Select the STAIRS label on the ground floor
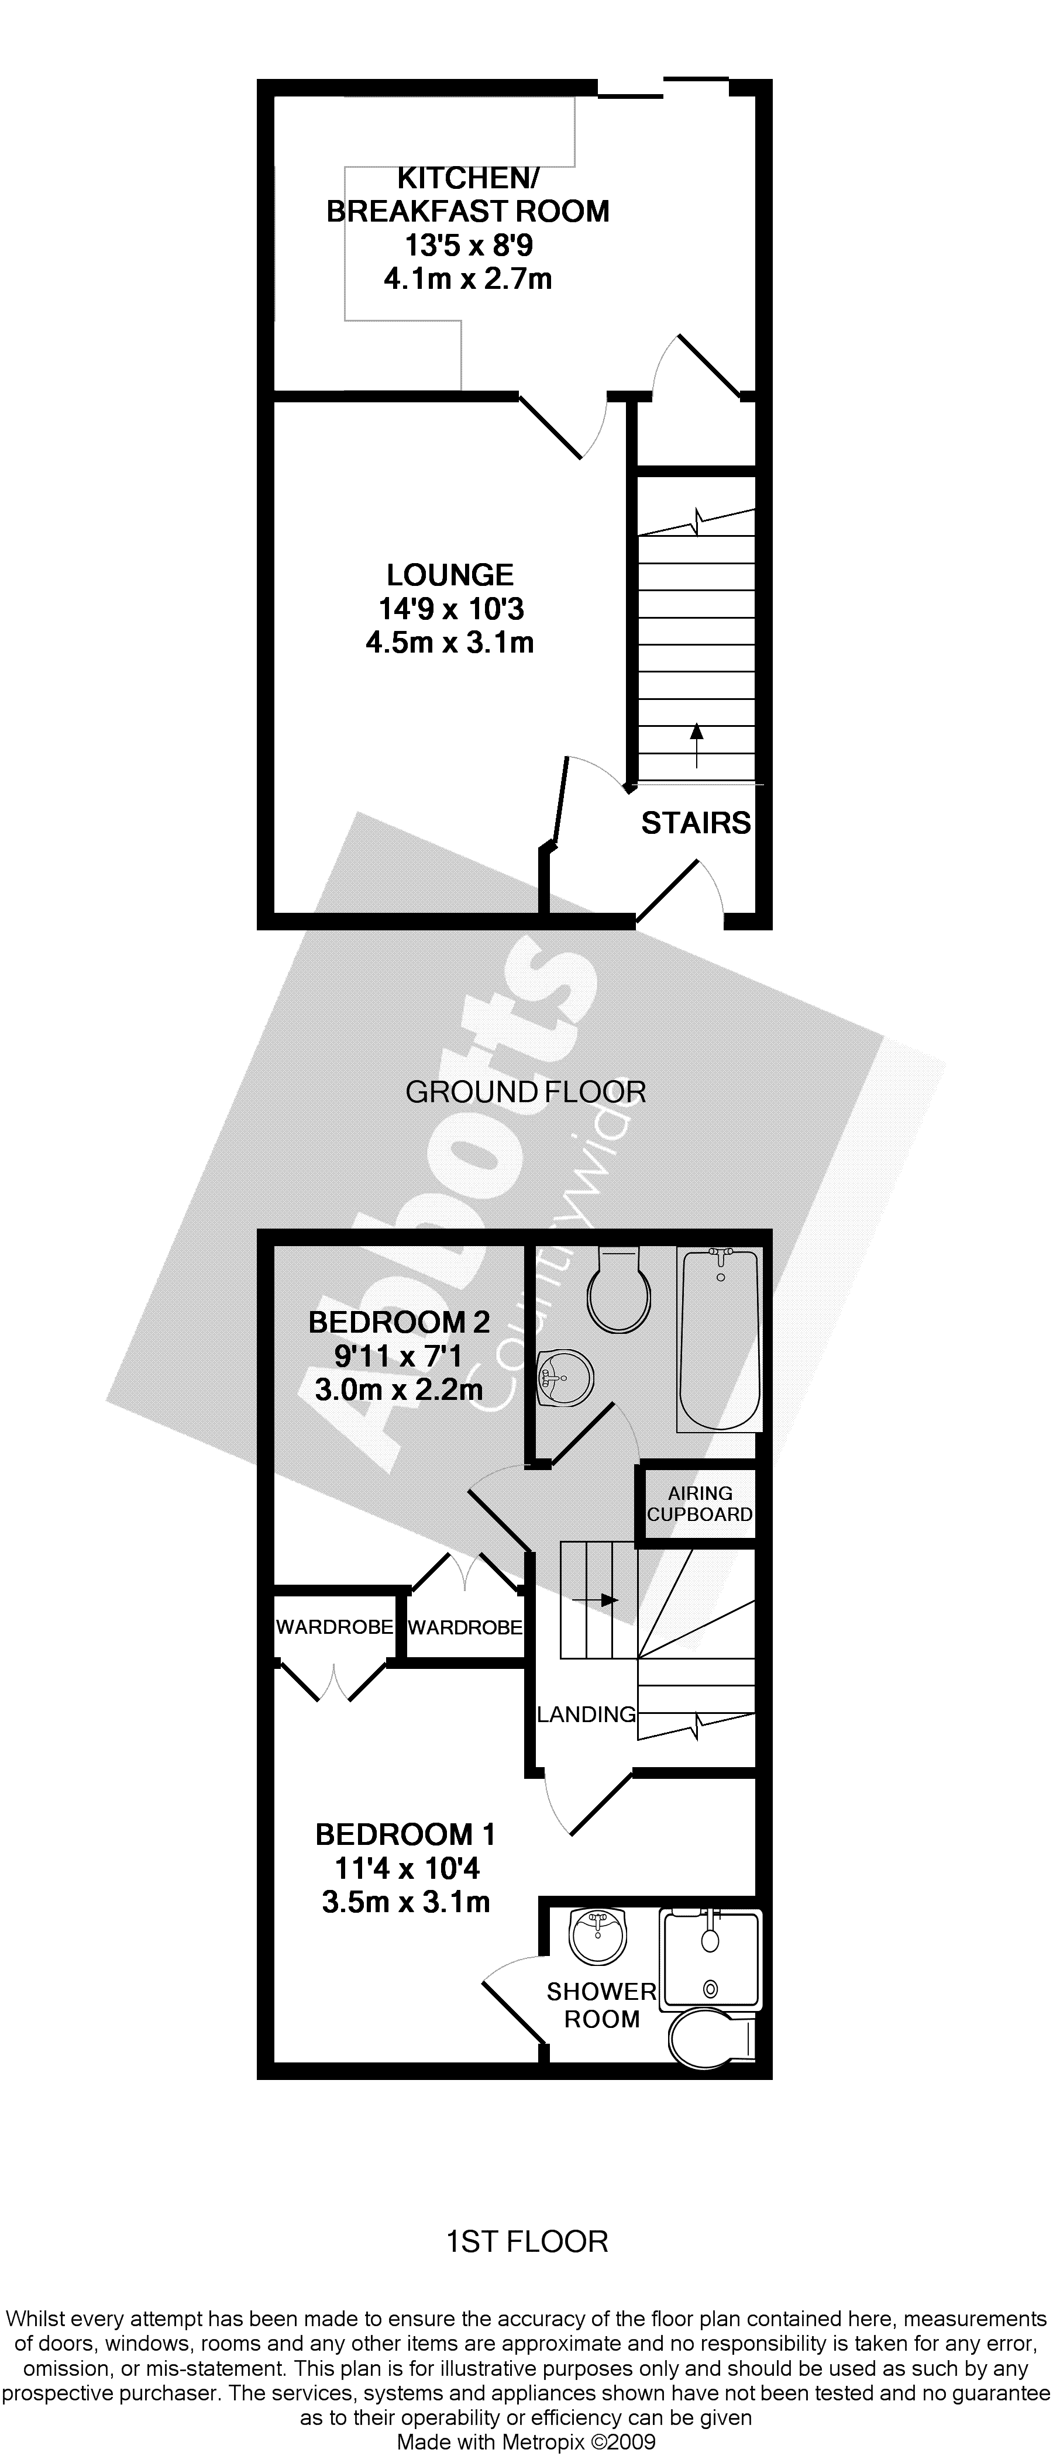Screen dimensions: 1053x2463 [696, 823]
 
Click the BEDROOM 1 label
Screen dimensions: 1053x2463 [405, 1834]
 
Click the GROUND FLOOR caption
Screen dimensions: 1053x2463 [526, 1092]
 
